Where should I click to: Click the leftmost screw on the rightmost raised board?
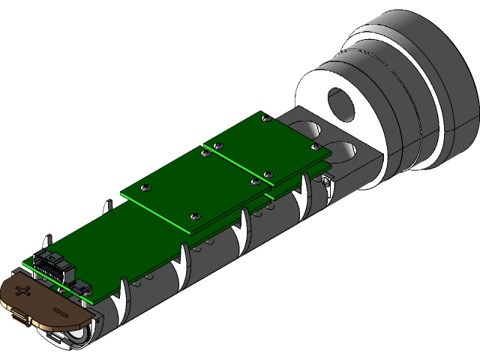coord(217,145)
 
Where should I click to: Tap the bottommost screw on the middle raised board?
coord(194,214)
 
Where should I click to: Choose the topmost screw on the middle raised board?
coord(203,154)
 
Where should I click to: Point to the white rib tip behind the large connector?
coord(47,241)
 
